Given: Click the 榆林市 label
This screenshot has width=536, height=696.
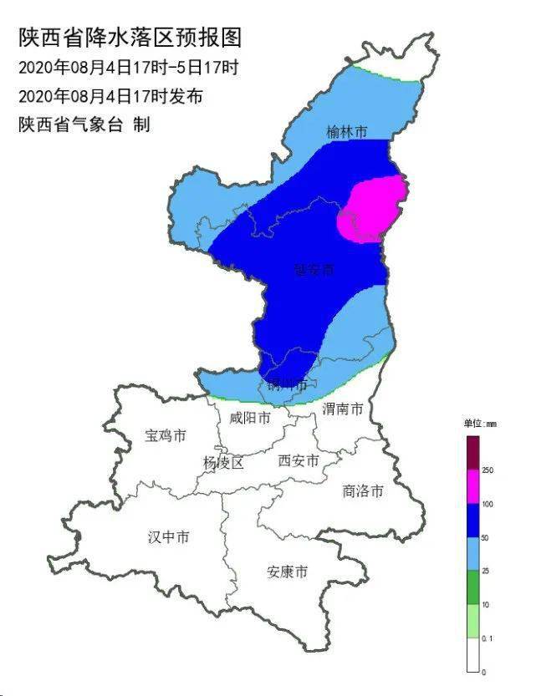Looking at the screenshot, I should tap(347, 132).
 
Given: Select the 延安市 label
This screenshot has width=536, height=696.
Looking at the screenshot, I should tap(314, 270).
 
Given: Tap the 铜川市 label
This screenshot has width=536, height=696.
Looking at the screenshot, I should tap(287, 384).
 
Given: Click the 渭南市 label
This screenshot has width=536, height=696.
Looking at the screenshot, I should tap(343, 409).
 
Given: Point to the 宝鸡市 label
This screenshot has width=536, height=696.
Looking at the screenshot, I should tap(166, 435).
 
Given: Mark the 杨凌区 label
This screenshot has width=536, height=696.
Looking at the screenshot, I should tap(223, 463).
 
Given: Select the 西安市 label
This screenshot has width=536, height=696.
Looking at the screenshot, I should tap(298, 460).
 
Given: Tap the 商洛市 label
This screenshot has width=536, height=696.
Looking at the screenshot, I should tap(363, 490).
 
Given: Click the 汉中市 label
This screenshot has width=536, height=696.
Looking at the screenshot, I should tap(168, 536).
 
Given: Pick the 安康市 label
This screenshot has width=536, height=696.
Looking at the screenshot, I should tap(287, 572).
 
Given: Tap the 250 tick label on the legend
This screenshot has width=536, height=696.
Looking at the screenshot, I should tap(488, 471).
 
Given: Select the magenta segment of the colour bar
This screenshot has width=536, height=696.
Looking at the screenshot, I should tap(472, 486).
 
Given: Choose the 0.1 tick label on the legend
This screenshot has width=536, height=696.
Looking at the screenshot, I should tap(488, 638).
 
